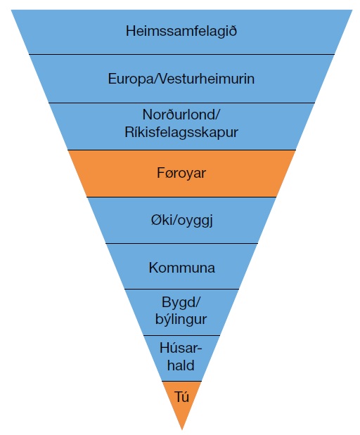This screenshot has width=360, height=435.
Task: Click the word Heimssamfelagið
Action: coord(181,31)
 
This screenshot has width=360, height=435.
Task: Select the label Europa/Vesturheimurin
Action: coord(181,79)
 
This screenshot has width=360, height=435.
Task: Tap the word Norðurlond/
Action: coord(181,115)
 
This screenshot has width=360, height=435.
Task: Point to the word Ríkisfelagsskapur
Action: coord(181,132)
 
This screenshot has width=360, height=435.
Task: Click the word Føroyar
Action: coord(181,173)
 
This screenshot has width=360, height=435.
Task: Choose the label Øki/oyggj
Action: coord(182,221)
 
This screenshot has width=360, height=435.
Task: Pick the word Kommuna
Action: coord(182,268)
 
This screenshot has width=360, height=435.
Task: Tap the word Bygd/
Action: coord(181,302)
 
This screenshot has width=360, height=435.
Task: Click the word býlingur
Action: coord(181,319)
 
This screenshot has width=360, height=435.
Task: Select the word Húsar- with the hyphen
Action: coord(181,348)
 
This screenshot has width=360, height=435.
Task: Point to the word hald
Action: coord(181,365)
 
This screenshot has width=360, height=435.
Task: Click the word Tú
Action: coord(182,397)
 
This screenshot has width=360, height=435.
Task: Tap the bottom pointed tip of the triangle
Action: coord(182,429)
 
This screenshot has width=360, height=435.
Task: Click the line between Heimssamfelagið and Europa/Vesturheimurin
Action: coord(182,54)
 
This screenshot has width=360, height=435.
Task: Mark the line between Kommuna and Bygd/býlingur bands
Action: coord(181,289)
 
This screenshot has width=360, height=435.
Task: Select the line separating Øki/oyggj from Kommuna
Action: coord(181,244)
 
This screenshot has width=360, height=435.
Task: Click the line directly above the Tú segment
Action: coord(181,381)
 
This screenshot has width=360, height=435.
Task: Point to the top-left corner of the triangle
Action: coord(11,10)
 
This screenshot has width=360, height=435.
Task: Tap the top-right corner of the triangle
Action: coord(352,10)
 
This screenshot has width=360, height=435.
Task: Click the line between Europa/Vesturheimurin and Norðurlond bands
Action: coord(182,103)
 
